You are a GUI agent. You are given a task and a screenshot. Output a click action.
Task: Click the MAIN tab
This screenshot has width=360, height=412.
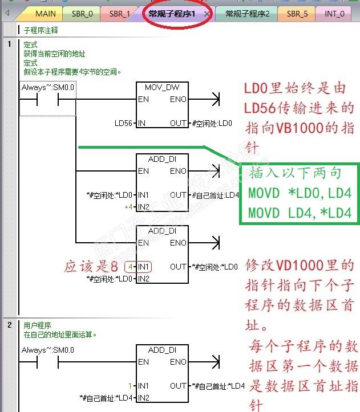click(45, 13)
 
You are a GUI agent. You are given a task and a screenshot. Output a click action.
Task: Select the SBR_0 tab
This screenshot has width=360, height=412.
click(82, 13)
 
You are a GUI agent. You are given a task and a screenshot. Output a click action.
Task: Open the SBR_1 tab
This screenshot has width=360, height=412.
click(119, 13)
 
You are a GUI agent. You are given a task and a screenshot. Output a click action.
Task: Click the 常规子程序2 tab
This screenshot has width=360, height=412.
click(247, 13)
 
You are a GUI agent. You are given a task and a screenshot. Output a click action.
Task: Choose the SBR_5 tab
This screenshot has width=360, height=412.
click(297, 13)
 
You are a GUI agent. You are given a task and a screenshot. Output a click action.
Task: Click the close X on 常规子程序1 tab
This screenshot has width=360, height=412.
click(206, 13)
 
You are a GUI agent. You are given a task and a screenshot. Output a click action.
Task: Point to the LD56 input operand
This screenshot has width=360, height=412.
click(123, 123)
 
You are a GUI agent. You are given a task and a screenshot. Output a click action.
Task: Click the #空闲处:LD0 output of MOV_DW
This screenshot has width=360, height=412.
click(212, 123)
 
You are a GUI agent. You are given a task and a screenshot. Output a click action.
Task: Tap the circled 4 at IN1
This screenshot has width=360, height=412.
click(131, 267)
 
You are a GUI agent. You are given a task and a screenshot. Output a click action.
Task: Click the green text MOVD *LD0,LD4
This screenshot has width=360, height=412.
click(300, 193)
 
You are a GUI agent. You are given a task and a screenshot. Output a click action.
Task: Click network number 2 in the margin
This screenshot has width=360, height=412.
click(10, 325)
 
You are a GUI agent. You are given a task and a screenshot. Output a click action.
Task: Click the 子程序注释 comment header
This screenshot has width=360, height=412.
click(41, 30)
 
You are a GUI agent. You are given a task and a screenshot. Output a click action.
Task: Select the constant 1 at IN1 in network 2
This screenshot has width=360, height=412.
click(130, 386)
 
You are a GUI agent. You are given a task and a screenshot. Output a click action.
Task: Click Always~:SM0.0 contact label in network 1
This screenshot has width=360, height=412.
click(48, 87)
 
